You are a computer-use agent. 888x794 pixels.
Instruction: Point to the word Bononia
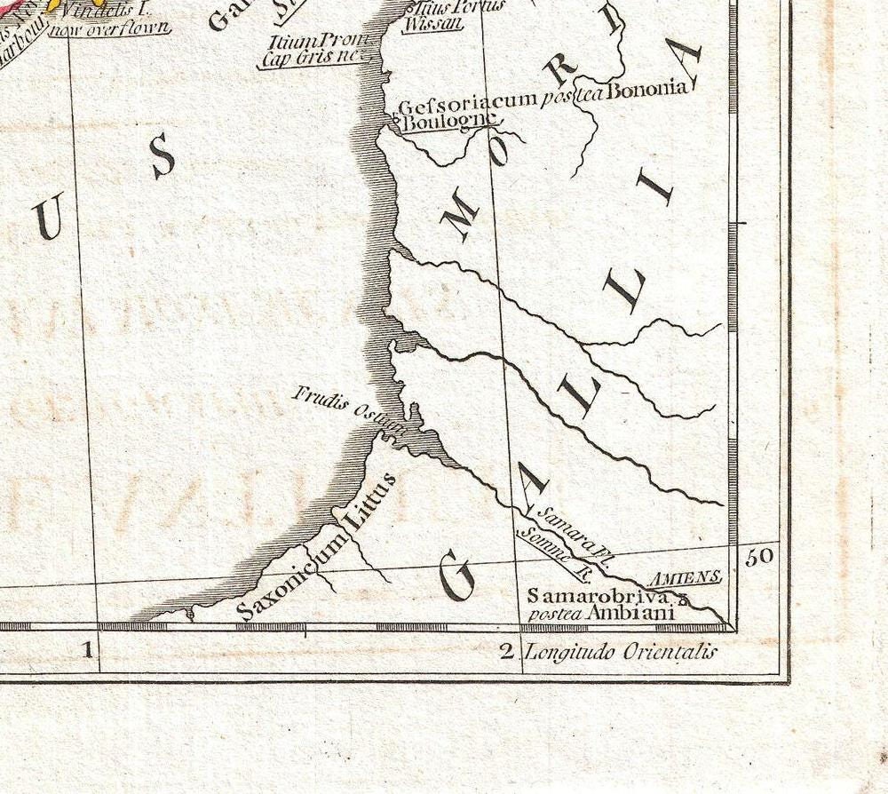click(647, 89)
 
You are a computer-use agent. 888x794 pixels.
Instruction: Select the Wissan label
click(432, 23)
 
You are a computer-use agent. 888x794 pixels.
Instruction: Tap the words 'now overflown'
click(109, 28)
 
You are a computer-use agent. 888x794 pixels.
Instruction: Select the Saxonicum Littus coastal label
click(316, 549)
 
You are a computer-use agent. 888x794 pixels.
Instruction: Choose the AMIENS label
click(684, 578)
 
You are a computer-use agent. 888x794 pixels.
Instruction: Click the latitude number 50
click(761, 557)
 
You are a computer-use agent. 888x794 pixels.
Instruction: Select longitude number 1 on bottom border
click(88, 651)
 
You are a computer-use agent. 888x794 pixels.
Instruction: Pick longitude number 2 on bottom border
click(506, 653)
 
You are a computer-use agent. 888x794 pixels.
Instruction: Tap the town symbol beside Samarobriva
click(684, 599)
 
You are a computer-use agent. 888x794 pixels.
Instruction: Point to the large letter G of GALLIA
click(459, 576)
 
